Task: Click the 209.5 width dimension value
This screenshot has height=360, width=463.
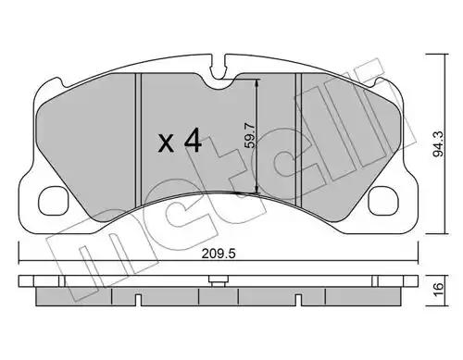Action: tap(219, 254)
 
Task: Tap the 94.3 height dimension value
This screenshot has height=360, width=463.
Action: tap(438, 143)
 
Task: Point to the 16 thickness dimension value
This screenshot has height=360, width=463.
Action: tap(438, 290)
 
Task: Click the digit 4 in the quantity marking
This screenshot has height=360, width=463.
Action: tap(193, 141)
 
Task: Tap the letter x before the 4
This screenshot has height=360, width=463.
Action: tap(166, 144)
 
